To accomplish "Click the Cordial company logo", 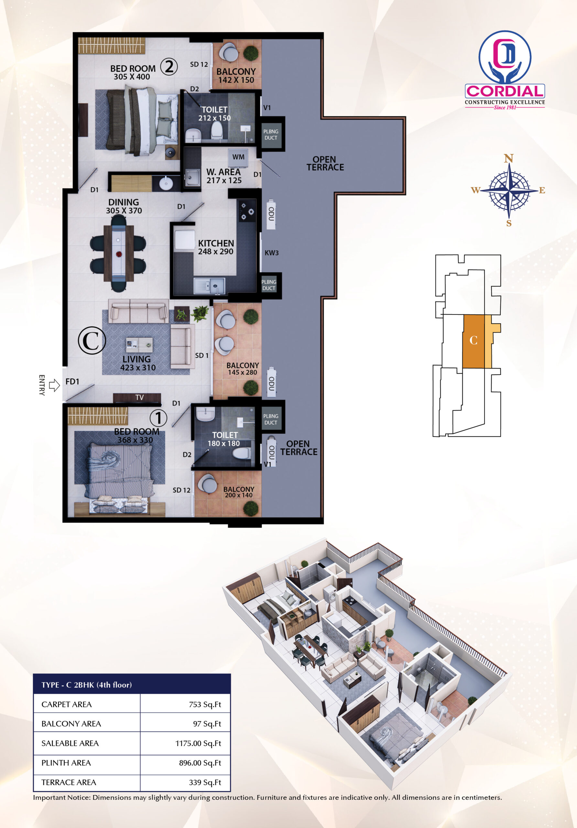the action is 505,70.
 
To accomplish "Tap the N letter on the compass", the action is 508,158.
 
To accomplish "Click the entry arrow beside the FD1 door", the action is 54,385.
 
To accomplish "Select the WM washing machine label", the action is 238,157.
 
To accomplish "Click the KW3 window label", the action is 272,253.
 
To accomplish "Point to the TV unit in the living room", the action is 137,398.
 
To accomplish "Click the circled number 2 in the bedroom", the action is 169,67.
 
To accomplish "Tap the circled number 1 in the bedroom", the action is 158,418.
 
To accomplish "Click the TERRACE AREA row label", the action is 69,782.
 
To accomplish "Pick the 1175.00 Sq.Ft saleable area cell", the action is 198,743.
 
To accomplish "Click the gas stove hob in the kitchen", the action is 247,211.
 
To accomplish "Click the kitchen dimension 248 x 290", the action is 216,252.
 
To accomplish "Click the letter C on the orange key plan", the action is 474,340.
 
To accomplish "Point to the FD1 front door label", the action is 72,382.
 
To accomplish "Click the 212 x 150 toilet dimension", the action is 214,118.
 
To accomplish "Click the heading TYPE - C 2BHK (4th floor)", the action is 87,685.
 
